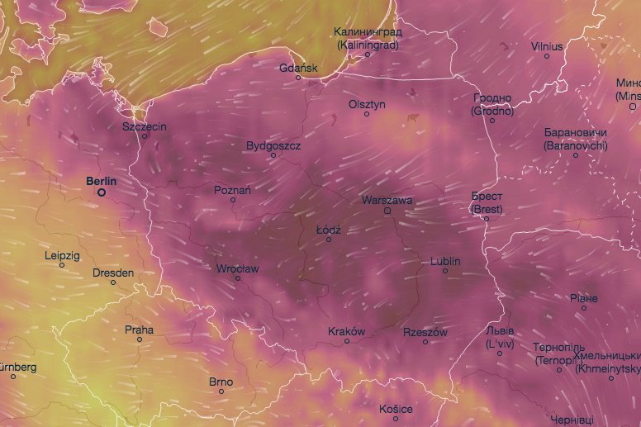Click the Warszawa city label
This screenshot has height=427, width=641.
click(x=387, y=200)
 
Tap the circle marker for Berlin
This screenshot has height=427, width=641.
click(x=102, y=192)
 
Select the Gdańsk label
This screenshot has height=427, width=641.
click(x=298, y=68)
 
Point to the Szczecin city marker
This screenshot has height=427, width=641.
click(x=145, y=136)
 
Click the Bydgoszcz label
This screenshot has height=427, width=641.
click(x=273, y=145)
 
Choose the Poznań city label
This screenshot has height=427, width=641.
click(x=232, y=189)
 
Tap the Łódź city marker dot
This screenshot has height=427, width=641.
click(x=328, y=240)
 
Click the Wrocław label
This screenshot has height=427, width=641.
click(x=237, y=268)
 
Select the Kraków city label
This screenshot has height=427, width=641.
click(x=346, y=331)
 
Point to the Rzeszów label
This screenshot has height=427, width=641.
click(x=425, y=332)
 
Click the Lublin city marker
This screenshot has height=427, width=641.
click(x=445, y=271)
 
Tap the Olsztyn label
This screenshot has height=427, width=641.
click(x=368, y=104)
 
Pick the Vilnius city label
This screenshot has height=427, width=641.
click(x=547, y=46)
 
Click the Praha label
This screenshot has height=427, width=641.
click(x=139, y=330)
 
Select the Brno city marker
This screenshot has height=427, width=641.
click(x=221, y=391)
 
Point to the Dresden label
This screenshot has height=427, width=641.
click(x=113, y=273)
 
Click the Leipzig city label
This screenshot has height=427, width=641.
click(x=63, y=255)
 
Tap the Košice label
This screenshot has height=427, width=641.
click(x=396, y=409)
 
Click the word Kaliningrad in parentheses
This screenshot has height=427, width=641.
click(x=368, y=45)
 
